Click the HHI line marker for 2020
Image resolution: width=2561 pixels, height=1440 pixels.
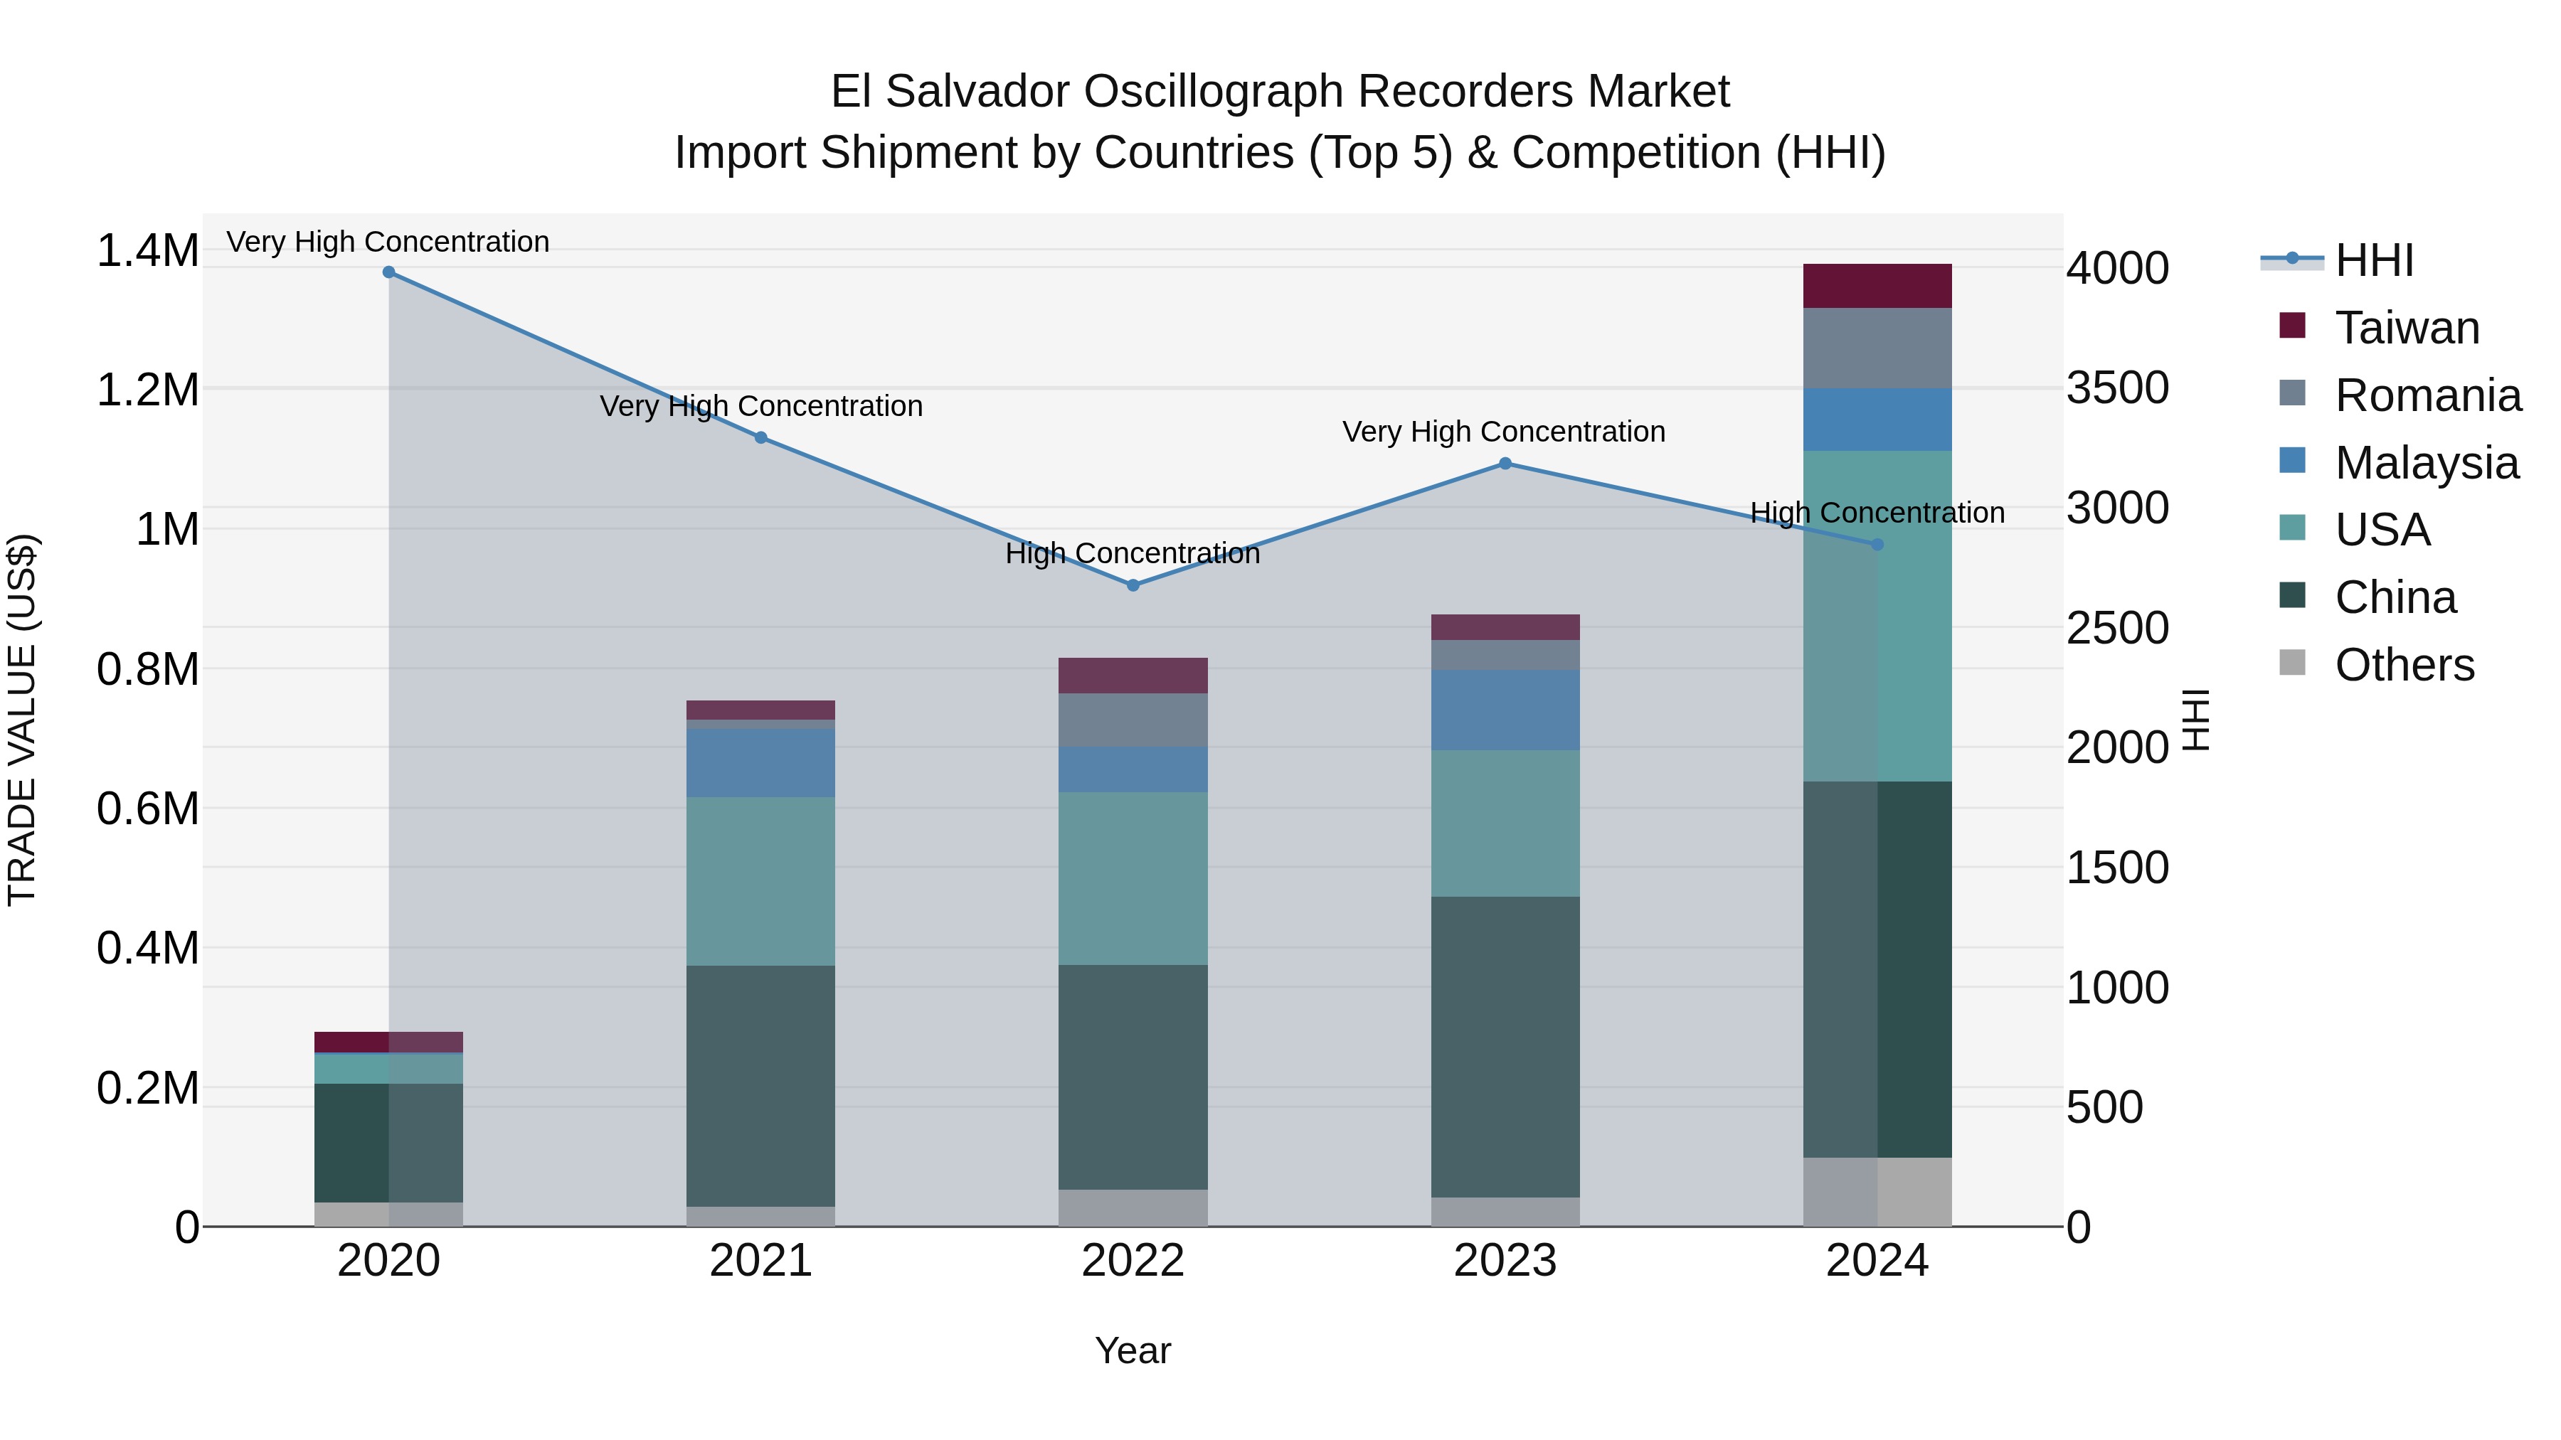[388, 272]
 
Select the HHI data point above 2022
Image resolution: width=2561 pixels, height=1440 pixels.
[1133, 585]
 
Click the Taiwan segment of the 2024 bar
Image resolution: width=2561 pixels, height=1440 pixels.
[1877, 286]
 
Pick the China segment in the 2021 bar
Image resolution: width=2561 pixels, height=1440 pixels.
[760, 1085]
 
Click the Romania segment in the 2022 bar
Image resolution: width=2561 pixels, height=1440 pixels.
[1133, 720]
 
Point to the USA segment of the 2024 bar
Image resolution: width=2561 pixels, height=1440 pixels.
[1877, 616]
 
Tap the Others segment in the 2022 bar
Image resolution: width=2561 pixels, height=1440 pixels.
[1133, 1207]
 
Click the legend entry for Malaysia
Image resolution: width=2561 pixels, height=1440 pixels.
[2426, 463]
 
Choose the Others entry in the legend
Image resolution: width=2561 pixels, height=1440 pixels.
[2404, 665]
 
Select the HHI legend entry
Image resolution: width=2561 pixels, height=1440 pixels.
[2374, 260]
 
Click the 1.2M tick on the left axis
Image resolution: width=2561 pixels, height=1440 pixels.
[147, 390]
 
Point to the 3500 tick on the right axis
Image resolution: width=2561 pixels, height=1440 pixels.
[2118, 388]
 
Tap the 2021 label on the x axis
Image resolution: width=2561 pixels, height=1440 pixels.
[760, 1261]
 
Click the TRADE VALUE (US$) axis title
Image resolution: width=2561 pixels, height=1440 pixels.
[22, 720]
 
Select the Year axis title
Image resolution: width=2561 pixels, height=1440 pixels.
[1133, 1350]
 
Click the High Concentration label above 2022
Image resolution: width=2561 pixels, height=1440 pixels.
[1133, 553]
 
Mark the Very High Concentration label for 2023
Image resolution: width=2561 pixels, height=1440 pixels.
[1503, 432]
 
